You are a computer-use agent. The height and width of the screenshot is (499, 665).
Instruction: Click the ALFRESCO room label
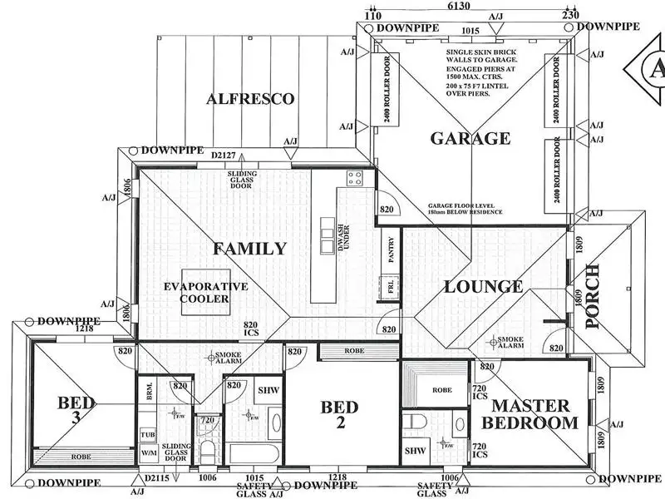(250, 99)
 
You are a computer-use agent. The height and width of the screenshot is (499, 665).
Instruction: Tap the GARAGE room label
(470, 138)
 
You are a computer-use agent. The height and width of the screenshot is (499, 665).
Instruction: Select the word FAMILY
(249, 248)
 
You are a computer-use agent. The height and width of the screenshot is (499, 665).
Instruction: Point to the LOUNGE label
(483, 287)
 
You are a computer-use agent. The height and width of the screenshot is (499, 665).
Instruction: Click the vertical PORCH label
(593, 297)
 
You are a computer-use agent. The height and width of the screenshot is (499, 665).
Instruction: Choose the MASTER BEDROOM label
(532, 414)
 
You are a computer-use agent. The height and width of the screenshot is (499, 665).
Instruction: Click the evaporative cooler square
(205, 293)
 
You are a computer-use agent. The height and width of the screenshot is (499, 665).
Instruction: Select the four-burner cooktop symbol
(355, 178)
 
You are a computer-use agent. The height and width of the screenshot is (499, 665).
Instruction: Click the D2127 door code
(224, 156)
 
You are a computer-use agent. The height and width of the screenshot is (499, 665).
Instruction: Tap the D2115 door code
(157, 479)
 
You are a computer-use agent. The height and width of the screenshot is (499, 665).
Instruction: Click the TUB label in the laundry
(148, 435)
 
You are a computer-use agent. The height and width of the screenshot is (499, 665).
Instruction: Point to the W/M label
(148, 454)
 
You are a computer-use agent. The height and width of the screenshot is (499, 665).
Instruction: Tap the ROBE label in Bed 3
(81, 457)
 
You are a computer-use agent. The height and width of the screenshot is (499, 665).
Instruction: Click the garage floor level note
(465, 209)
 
